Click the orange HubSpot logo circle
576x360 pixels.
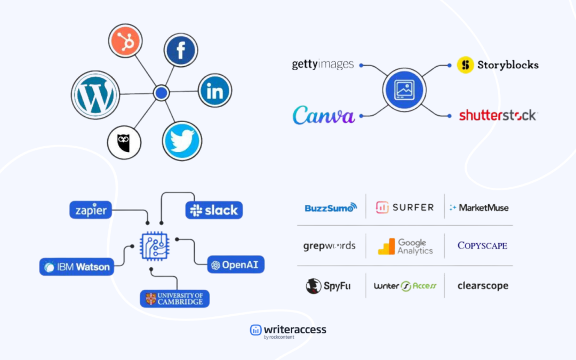pos(125,41)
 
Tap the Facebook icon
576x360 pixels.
pos(181,50)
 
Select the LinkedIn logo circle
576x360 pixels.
pos(215,90)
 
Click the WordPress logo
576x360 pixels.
pos(95,95)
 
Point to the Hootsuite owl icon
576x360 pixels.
pos(124,142)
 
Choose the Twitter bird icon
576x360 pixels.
pos(182,141)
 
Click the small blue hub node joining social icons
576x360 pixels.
pos(161,93)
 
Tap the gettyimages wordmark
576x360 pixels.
pos(323,65)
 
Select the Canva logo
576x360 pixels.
pos(324,115)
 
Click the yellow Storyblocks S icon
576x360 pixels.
pos(466,65)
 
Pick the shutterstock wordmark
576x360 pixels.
pos(498,115)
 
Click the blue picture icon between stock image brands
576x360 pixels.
pos(404,90)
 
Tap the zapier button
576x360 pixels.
pos(91,210)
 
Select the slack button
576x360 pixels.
pos(214,210)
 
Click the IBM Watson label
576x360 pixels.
pos(77,267)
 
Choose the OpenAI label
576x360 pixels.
pos(236,265)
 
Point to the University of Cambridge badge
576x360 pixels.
pos(175,299)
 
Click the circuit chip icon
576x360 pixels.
pos(155,246)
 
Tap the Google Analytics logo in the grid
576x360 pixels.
pos(405,246)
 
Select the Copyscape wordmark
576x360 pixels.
pos(482,245)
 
